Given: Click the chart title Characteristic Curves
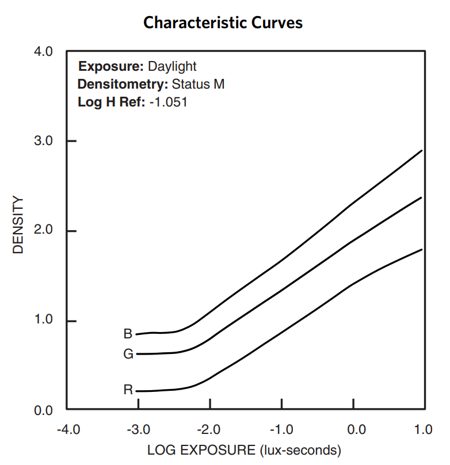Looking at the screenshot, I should [x=223, y=23].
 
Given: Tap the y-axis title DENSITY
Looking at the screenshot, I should [x=18, y=225].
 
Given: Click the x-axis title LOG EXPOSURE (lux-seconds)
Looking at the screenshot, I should [x=245, y=449].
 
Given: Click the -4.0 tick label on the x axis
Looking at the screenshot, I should [x=67, y=429].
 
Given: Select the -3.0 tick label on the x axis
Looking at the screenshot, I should [x=138, y=429].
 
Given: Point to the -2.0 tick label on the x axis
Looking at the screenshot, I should [x=209, y=429].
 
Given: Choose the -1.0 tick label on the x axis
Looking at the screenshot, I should [x=281, y=429].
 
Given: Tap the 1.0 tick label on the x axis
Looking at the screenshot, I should [x=424, y=429].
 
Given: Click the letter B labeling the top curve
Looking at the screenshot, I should [x=128, y=334].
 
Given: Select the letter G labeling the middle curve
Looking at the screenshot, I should [x=128, y=355].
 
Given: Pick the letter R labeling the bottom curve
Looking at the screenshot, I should [x=128, y=390].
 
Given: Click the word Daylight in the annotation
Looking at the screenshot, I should [x=173, y=66].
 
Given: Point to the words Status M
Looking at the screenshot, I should [x=198, y=85].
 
